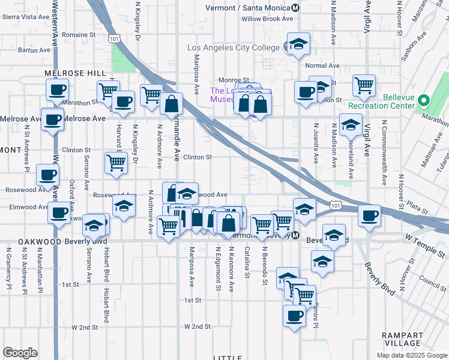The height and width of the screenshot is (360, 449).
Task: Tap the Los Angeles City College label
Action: [x=234, y=47]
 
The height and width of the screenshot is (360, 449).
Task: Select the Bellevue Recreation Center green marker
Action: [x=424, y=101]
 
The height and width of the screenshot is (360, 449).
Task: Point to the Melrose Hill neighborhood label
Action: [x=71, y=73]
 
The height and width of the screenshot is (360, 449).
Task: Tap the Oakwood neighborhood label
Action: [x=40, y=241]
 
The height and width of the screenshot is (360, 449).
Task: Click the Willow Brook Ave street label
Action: [x=267, y=19]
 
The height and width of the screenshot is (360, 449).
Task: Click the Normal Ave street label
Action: [x=322, y=65]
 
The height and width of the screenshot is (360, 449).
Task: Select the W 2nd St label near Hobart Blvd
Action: [x=85, y=327]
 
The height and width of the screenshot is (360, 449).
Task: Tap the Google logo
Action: [x=20, y=353]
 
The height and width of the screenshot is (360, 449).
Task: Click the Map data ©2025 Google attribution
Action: [x=411, y=355]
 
